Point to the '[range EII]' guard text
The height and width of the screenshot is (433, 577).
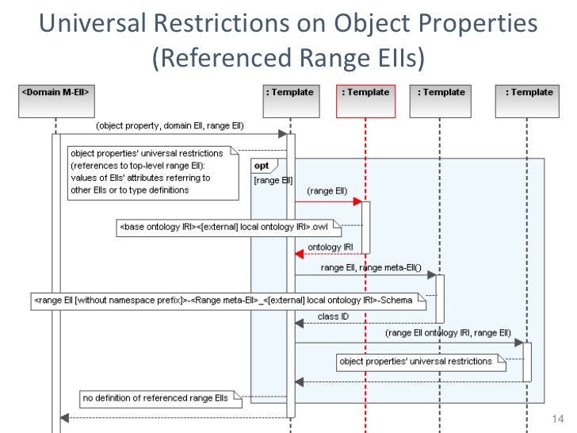pyautogui.click(x=269, y=181)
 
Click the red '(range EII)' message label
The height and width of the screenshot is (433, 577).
pyautogui.click(x=326, y=191)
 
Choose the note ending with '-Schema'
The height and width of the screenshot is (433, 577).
pyautogui.click(x=228, y=301)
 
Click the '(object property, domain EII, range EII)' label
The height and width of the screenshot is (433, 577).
pyautogui.click(x=170, y=125)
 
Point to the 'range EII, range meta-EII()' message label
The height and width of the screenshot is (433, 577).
pyautogui.click(x=370, y=267)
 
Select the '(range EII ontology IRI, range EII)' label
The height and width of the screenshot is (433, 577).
pyautogui.click(x=448, y=333)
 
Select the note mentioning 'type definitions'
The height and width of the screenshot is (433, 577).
pyautogui.click(x=151, y=171)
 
